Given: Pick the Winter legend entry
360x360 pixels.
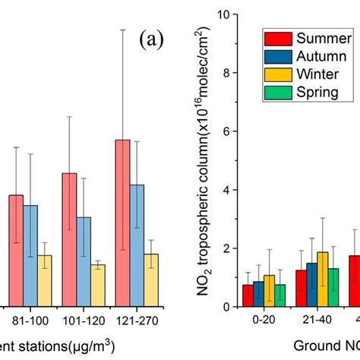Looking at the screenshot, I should pos(308,74).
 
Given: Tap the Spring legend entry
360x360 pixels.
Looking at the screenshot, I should pos(308,93).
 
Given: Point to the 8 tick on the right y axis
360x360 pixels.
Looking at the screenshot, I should pos(225,73).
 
